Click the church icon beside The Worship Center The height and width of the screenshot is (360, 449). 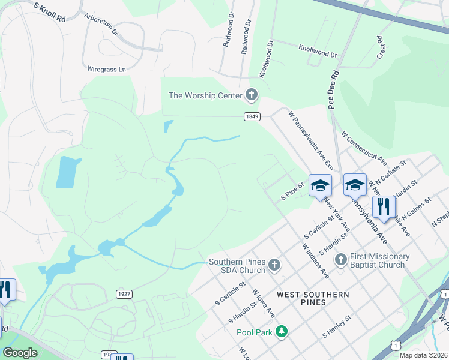(252, 95)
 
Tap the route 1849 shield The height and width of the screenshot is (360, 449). (252, 116)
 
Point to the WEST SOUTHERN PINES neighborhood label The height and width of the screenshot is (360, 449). (313, 298)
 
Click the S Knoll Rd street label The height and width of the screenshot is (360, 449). (49, 12)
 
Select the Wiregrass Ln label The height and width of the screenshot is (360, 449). (107, 69)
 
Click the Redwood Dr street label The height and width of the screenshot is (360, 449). (246, 37)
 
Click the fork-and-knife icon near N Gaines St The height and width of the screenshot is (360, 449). (383, 206)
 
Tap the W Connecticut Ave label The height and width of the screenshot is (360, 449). (364, 149)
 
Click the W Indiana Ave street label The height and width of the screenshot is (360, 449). (316, 261)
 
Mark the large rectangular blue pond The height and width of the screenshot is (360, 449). (69, 172)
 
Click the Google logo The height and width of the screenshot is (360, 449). (20, 353)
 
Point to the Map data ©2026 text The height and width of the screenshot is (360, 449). (423, 355)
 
